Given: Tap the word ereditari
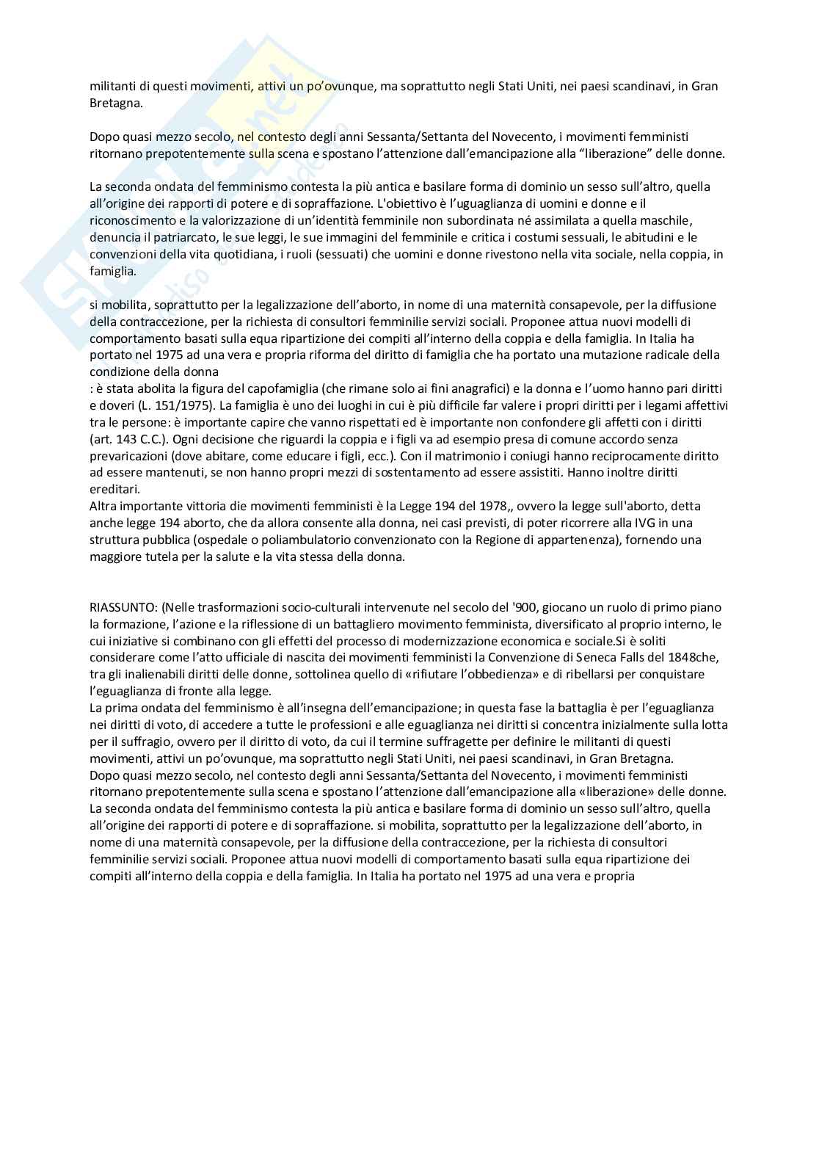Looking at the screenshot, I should [x=114, y=489].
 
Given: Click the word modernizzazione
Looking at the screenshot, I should [x=459, y=641].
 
